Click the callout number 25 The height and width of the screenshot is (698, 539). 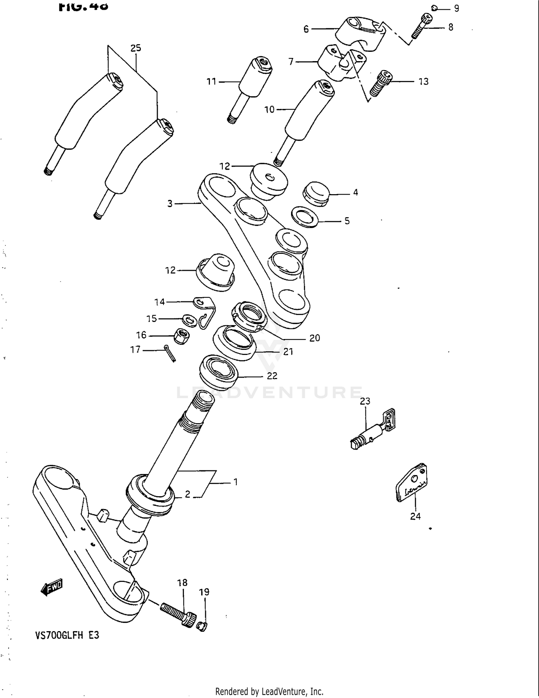[135, 48]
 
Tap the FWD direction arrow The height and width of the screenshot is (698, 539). [51, 587]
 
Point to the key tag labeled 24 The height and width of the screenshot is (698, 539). [412, 483]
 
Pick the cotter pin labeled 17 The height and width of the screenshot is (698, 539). [170, 353]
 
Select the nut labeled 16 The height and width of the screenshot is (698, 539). [182, 336]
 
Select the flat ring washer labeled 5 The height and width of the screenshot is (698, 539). [305, 217]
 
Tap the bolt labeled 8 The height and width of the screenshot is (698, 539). [421, 26]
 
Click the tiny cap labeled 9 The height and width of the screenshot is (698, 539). [434, 8]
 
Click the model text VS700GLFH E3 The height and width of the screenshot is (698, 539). [67, 635]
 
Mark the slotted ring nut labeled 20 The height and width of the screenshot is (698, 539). [249, 316]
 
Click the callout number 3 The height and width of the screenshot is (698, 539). [170, 204]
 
